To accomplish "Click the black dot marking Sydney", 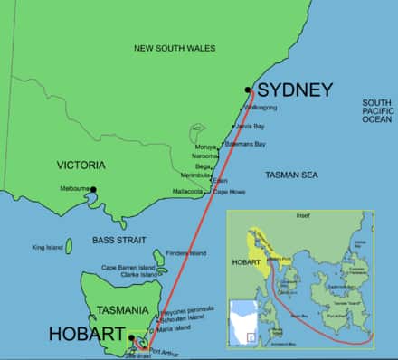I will click(247, 89).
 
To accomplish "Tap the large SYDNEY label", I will click(295, 90).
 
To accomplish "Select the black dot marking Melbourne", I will click(92, 189).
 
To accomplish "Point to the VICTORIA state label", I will click(81, 166).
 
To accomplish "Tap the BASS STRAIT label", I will click(114, 240).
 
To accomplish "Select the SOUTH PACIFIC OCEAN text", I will click(376, 110).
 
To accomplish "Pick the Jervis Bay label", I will click(252, 127).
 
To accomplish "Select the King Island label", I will click(49, 247).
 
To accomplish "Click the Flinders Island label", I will click(188, 252).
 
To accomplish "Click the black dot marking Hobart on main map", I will click(131, 338).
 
